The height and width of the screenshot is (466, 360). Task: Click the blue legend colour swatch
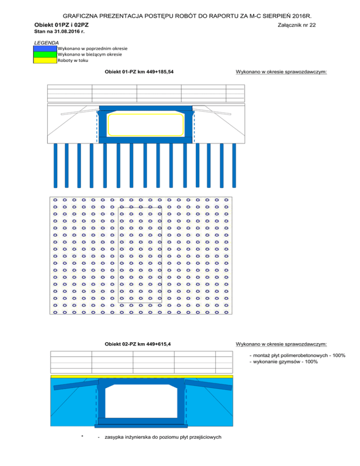click(45, 48)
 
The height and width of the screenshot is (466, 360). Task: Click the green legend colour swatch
click(45, 54)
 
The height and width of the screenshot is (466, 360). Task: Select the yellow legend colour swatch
click(45, 60)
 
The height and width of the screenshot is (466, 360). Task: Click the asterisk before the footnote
click(82, 438)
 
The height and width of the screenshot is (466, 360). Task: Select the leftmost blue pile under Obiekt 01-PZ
click(56, 164)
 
